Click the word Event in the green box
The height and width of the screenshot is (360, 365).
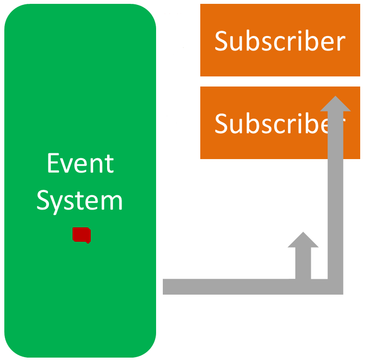pos(80,163)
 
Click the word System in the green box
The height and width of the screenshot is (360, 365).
pos(80,200)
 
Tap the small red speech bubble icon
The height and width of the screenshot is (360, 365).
pos(82,235)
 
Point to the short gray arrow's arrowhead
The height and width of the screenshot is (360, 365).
pos(303,240)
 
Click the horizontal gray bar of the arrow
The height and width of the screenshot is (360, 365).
pos(231,286)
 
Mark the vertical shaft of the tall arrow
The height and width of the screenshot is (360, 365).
pos(335,192)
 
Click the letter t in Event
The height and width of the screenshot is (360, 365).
pos(109,164)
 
